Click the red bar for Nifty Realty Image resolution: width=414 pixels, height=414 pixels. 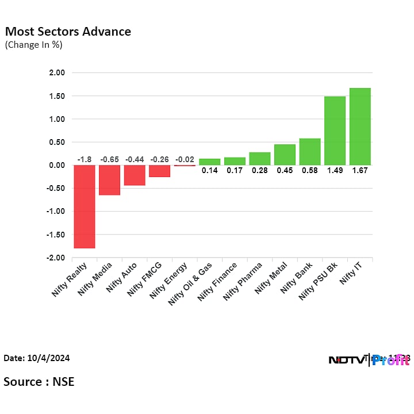[x=85, y=206]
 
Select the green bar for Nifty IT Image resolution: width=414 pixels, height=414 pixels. [x=360, y=126]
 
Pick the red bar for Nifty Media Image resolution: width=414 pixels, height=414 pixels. [x=109, y=180]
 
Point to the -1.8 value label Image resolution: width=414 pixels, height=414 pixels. [x=85, y=159]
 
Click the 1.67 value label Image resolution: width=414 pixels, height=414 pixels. [x=360, y=171]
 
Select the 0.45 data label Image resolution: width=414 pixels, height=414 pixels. [x=285, y=171]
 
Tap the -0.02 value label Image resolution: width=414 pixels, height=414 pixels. [x=185, y=159]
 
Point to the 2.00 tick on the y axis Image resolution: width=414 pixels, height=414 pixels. [x=57, y=73]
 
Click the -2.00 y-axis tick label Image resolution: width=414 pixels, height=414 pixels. [x=56, y=258]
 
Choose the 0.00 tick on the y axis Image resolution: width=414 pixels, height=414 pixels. [x=57, y=166]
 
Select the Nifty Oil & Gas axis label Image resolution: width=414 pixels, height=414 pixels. [x=190, y=285]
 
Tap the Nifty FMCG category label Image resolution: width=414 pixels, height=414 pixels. [x=145, y=280]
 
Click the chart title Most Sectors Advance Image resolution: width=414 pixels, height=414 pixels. [x=68, y=32]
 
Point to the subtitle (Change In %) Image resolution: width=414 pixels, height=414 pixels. [x=34, y=45]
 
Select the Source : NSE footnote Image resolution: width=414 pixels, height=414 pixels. [x=39, y=381]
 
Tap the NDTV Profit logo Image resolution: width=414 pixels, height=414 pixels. [x=368, y=360]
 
